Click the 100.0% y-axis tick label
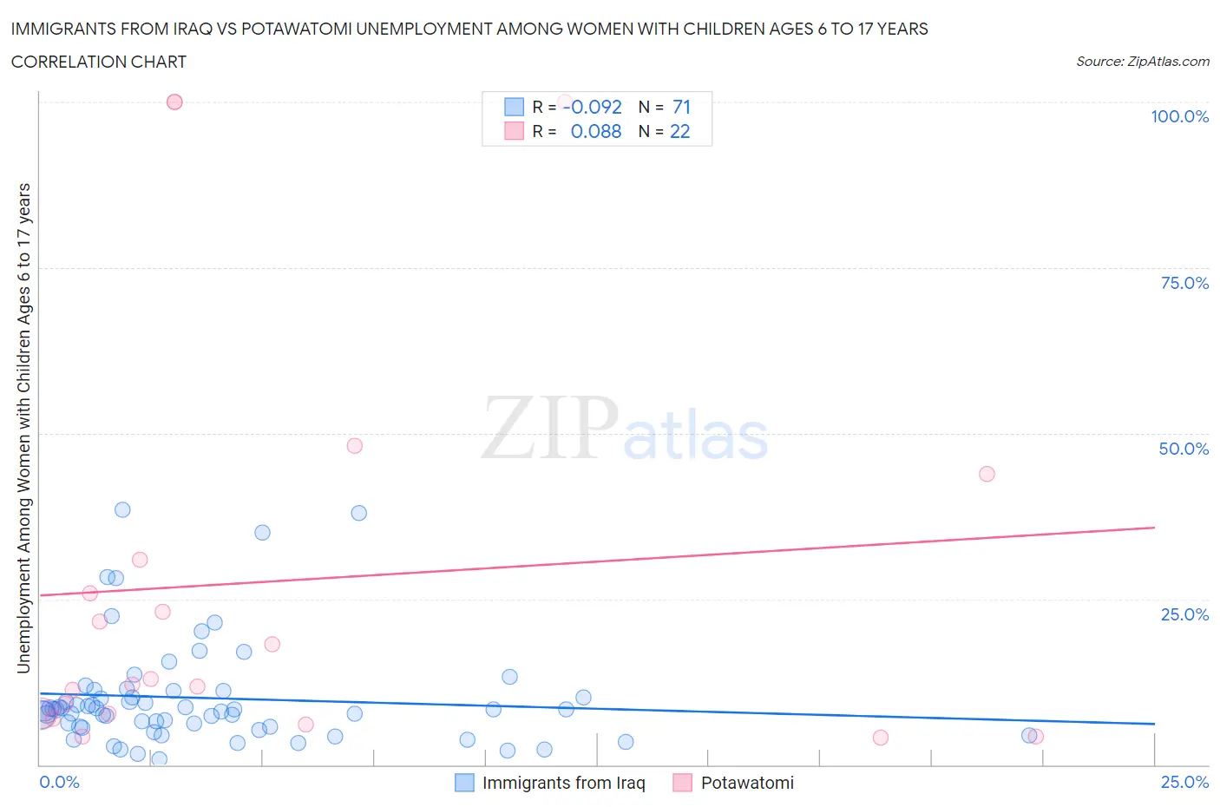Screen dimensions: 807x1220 [1179, 116]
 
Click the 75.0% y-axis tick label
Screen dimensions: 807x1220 [1184, 283]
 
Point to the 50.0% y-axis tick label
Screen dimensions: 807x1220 [1184, 449]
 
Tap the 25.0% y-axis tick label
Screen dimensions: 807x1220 [1184, 614]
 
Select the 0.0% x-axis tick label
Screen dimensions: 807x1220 [59, 782]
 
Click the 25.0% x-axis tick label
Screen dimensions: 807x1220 [1184, 782]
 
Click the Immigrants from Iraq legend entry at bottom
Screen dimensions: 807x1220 [563, 783]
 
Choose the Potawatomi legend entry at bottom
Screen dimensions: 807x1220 [746, 783]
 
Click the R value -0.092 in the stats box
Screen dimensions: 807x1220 [593, 107]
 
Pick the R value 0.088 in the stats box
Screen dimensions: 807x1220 [596, 131]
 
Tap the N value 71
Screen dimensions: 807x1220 [681, 107]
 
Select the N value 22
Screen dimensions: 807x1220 [680, 131]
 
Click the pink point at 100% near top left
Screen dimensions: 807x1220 [174, 102]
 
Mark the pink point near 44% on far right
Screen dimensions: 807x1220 [987, 474]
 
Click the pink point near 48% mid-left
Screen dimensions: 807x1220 [354, 446]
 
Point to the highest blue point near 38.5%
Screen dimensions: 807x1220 [122, 509]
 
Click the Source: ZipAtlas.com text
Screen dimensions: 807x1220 [1142, 62]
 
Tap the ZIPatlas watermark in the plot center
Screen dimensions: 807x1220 [625, 428]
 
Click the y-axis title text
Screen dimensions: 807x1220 [23, 428]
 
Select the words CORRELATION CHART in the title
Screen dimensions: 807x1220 [99, 62]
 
